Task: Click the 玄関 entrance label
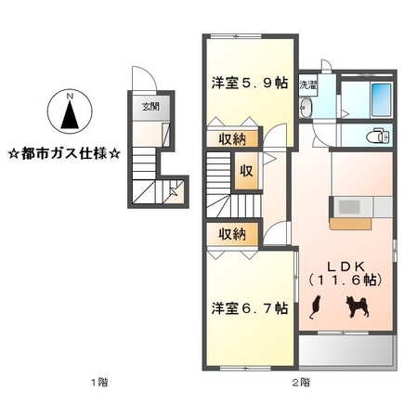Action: [x=149, y=105]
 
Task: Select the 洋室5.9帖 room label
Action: [x=247, y=81]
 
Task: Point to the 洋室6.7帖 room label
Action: [x=247, y=306]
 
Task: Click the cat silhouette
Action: [x=316, y=306]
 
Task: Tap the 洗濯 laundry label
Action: [x=306, y=85]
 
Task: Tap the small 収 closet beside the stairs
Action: [x=245, y=172]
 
